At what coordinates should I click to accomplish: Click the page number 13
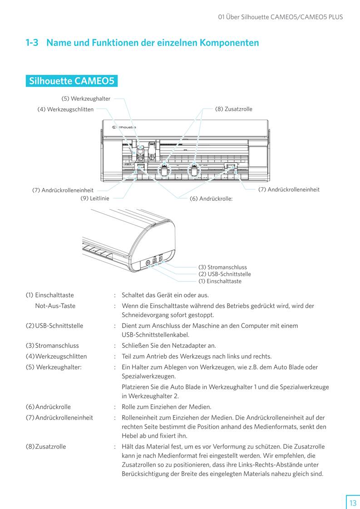(x=353, y=503)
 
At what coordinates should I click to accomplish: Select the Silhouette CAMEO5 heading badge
(x=71, y=81)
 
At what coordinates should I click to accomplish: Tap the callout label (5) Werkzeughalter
(x=86, y=98)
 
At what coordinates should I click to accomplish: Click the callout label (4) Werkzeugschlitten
(x=65, y=109)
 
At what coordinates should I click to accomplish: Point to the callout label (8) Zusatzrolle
(x=233, y=109)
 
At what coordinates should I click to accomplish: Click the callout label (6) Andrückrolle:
(x=211, y=199)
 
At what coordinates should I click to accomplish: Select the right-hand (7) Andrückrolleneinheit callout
(x=289, y=189)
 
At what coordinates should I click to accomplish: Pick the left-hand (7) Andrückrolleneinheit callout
(x=63, y=190)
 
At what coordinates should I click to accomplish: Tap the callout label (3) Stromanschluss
(x=222, y=267)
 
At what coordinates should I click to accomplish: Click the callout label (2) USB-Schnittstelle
(x=224, y=274)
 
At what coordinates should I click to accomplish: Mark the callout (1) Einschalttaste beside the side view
(x=220, y=281)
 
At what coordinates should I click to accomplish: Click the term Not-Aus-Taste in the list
(x=55, y=306)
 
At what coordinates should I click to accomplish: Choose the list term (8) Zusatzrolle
(x=46, y=446)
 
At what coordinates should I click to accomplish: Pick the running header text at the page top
(x=280, y=17)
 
